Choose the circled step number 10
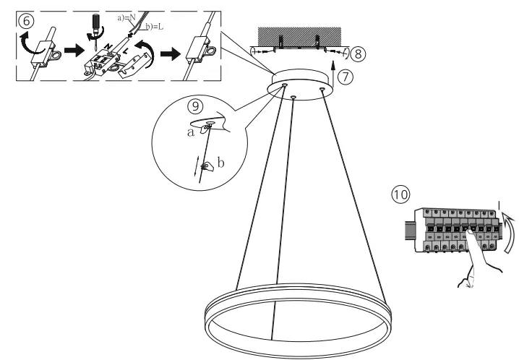(x=400, y=194)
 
